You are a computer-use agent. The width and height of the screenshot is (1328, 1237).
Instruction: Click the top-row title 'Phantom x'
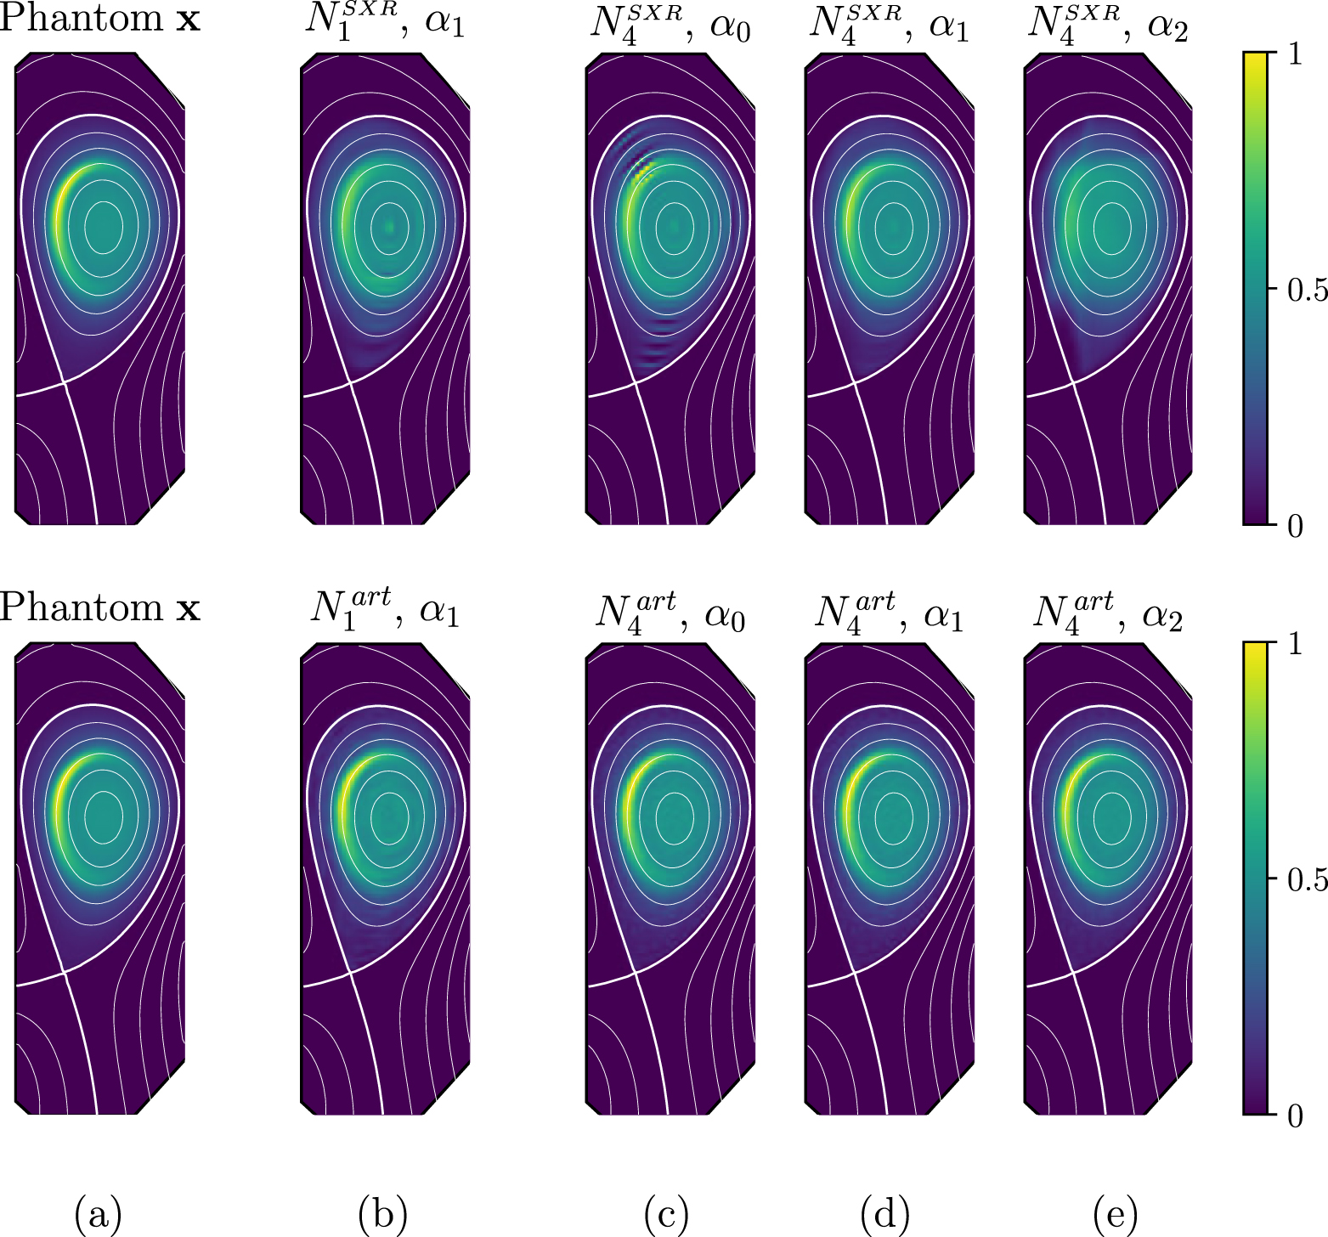coord(99,19)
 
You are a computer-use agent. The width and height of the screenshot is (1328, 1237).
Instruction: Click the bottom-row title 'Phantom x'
coord(99,608)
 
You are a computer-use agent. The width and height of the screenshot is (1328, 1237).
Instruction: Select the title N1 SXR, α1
coord(385,22)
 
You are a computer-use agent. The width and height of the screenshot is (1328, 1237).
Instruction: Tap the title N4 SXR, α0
coord(670,24)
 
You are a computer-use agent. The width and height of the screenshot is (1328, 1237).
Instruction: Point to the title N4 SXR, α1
coord(889,24)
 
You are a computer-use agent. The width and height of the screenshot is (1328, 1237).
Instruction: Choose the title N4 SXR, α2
coord(1107,24)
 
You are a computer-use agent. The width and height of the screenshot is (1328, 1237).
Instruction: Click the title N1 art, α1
coord(385,609)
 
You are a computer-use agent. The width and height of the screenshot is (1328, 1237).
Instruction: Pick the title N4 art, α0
coord(670,611)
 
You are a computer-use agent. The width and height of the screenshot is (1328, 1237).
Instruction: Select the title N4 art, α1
coord(889,611)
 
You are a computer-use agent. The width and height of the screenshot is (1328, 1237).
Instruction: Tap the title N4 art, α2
coord(1107,611)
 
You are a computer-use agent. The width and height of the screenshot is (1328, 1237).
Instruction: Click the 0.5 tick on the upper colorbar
coord(1305,290)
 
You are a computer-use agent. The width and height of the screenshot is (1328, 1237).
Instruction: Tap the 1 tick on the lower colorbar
coord(1295,644)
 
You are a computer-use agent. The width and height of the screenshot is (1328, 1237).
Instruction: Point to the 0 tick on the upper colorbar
coord(1295,526)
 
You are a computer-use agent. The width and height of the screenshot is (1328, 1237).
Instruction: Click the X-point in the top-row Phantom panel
coord(65,382)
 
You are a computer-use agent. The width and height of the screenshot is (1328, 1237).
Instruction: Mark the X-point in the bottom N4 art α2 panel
coord(1073,973)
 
